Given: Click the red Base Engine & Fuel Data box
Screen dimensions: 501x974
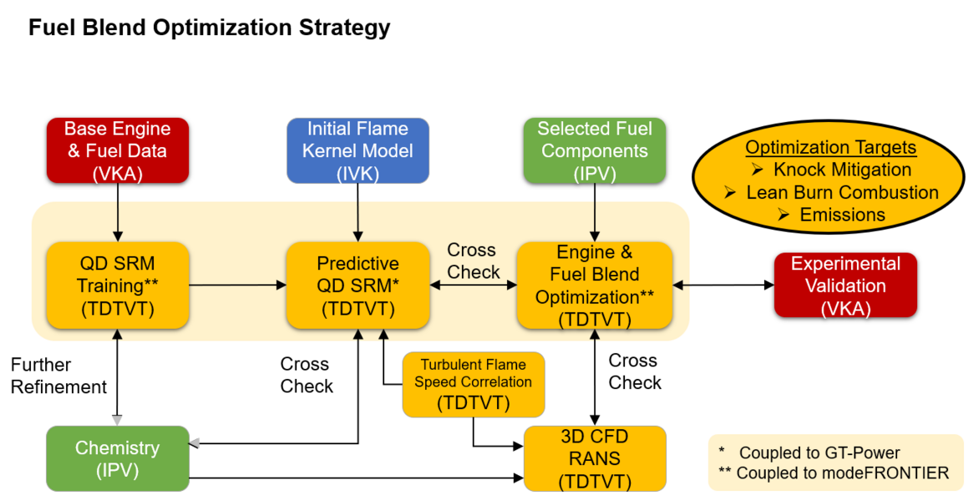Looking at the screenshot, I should click(117, 150).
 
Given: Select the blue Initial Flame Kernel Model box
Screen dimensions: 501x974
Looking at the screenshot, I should click(358, 150).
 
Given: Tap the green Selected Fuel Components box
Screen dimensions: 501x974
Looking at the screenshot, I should click(594, 150).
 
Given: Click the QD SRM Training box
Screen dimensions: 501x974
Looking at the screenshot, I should click(117, 285).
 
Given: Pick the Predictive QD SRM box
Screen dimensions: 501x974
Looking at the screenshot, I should click(358, 285).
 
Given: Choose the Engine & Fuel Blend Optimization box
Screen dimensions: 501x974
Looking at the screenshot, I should click(594, 285).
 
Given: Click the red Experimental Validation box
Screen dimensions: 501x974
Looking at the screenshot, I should click(845, 285).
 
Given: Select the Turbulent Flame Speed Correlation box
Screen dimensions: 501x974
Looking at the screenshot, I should click(473, 384).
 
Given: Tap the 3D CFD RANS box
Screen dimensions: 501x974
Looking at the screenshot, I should click(594, 458).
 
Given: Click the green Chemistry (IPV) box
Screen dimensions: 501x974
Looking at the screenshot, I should click(117, 458).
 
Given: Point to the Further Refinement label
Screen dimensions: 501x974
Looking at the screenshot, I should click(58, 376).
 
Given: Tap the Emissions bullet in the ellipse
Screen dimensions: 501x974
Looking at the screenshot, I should click(842, 215).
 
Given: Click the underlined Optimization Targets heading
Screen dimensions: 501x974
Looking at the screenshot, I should click(830, 148).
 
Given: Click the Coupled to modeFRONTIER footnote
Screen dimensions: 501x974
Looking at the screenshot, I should click(832, 473).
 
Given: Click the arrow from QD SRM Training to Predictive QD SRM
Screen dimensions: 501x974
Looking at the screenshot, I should click(237, 285).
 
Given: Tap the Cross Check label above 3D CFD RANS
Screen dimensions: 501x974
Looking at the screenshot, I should click(635, 372).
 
